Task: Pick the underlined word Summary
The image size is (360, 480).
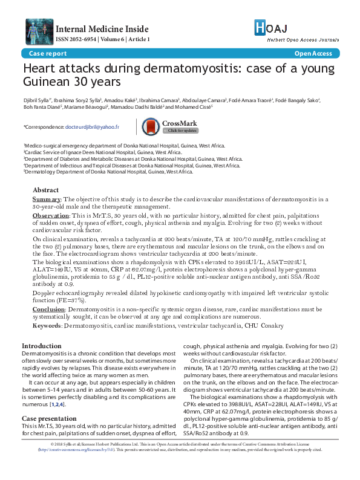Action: click(x=46, y=199)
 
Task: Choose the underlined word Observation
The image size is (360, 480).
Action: click(x=51, y=215)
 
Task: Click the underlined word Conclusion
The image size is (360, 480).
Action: click(x=48, y=309)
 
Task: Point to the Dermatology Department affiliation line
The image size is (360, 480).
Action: click(x=109, y=172)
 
